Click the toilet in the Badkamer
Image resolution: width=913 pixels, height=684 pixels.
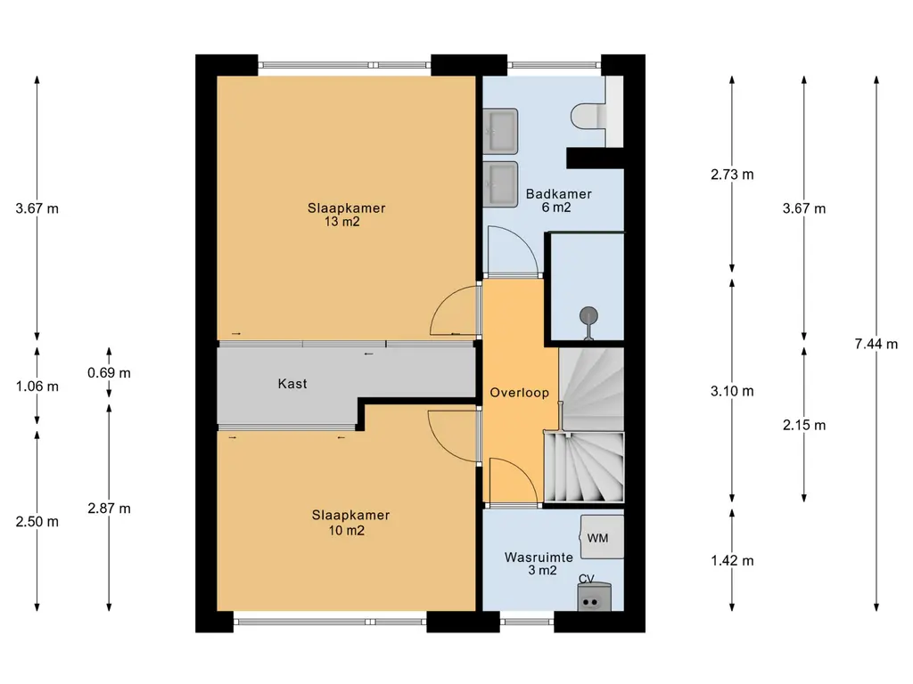tap(589, 117)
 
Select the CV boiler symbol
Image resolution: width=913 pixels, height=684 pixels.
tap(595, 597)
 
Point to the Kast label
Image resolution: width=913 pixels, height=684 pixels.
tap(292, 384)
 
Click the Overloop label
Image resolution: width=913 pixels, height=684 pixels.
tap(520, 393)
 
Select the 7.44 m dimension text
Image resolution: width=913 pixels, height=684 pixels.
tap(876, 344)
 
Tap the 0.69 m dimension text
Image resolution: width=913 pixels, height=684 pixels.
tap(109, 373)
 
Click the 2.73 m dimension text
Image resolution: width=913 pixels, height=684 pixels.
tap(732, 174)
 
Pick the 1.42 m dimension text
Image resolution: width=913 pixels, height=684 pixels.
tap(732, 561)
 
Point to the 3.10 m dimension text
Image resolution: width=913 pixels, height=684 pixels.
tap(732, 391)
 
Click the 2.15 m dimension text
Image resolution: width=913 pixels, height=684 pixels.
tap(804, 425)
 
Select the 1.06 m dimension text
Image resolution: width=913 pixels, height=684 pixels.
tap(37, 387)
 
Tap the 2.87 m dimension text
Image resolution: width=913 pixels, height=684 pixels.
tap(109, 509)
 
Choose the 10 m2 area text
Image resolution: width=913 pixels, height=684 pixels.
tap(347, 531)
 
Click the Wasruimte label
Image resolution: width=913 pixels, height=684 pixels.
tap(539, 558)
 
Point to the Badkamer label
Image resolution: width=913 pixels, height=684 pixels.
tap(558, 193)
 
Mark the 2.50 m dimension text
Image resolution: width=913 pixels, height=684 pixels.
tap(37, 522)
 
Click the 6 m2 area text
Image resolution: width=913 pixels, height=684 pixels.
tap(556, 208)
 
